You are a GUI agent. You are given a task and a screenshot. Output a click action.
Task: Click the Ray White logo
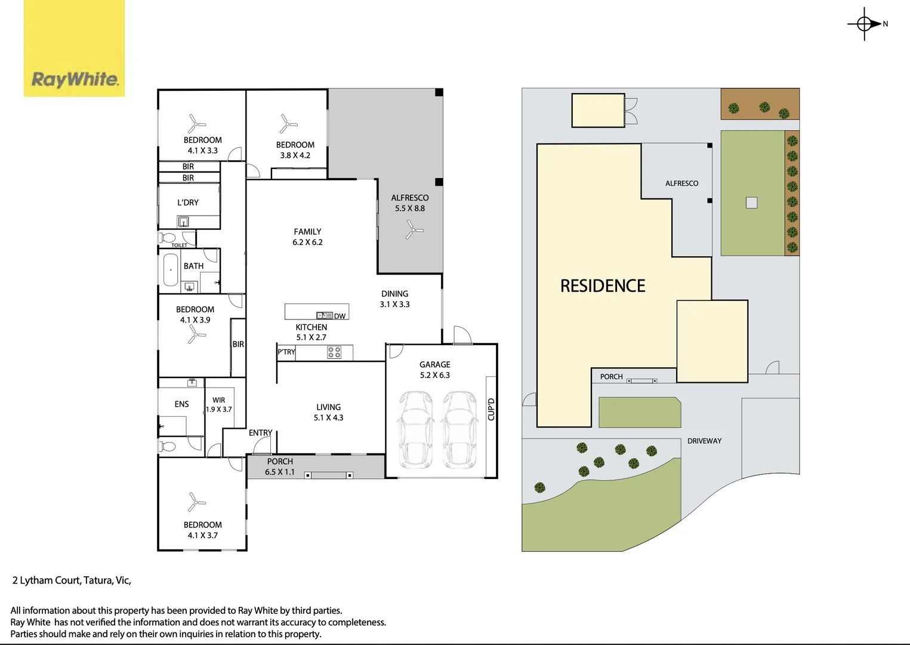(x=74, y=48)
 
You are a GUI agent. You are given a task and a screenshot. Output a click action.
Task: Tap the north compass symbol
(x=865, y=24)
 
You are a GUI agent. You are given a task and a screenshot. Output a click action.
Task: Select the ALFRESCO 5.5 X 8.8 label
(x=410, y=203)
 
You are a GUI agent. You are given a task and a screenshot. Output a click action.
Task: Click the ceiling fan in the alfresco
(x=414, y=229)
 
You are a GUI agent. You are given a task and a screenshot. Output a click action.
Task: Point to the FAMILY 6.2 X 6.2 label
(x=307, y=237)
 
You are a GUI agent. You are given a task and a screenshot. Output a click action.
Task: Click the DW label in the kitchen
(x=340, y=316)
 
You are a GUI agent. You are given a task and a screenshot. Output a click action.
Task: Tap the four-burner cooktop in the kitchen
(x=334, y=352)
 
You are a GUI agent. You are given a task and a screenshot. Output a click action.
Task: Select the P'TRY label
(x=286, y=352)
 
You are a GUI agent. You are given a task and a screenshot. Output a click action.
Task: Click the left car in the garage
(x=416, y=429)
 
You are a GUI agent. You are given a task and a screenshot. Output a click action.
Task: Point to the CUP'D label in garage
(x=491, y=409)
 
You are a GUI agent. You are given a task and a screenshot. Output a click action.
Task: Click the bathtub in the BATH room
(x=171, y=270)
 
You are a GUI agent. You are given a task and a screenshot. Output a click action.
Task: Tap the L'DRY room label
(x=188, y=202)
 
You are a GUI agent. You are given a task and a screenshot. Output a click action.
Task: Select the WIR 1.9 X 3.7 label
(x=219, y=405)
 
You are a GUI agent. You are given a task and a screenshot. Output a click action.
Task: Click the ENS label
(x=181, y=404)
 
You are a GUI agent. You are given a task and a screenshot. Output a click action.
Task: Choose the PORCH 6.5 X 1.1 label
(x=280, y=466)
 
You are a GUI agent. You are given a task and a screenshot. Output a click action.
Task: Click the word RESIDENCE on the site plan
(x=603, y=286)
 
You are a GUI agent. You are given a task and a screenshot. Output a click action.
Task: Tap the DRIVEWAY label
(x=704, y=441)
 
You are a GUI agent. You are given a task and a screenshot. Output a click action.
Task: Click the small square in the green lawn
(x=751, y=202)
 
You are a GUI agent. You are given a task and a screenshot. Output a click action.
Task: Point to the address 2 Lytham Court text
(x=72, y=580)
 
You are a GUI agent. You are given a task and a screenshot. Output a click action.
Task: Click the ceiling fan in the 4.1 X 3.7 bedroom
(x=195, y=502)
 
